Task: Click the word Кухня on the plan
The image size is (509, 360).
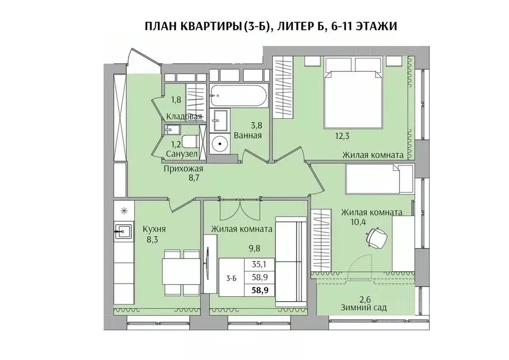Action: [x=154, y=229]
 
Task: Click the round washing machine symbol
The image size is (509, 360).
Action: [x=219, y=144]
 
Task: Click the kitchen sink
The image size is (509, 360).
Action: [x=123, y=230]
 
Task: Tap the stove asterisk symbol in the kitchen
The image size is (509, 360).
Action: [x=124, y=210]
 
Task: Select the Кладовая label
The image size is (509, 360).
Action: [x=184, y=117]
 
